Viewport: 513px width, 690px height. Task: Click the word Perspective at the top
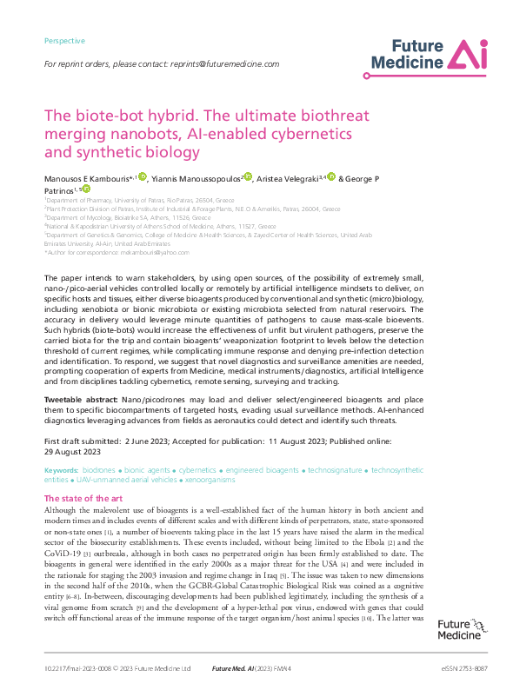coord(64,41)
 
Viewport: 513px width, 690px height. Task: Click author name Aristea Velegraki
coord(289,178)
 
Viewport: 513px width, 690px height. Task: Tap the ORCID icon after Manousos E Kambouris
coord(143,177)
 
